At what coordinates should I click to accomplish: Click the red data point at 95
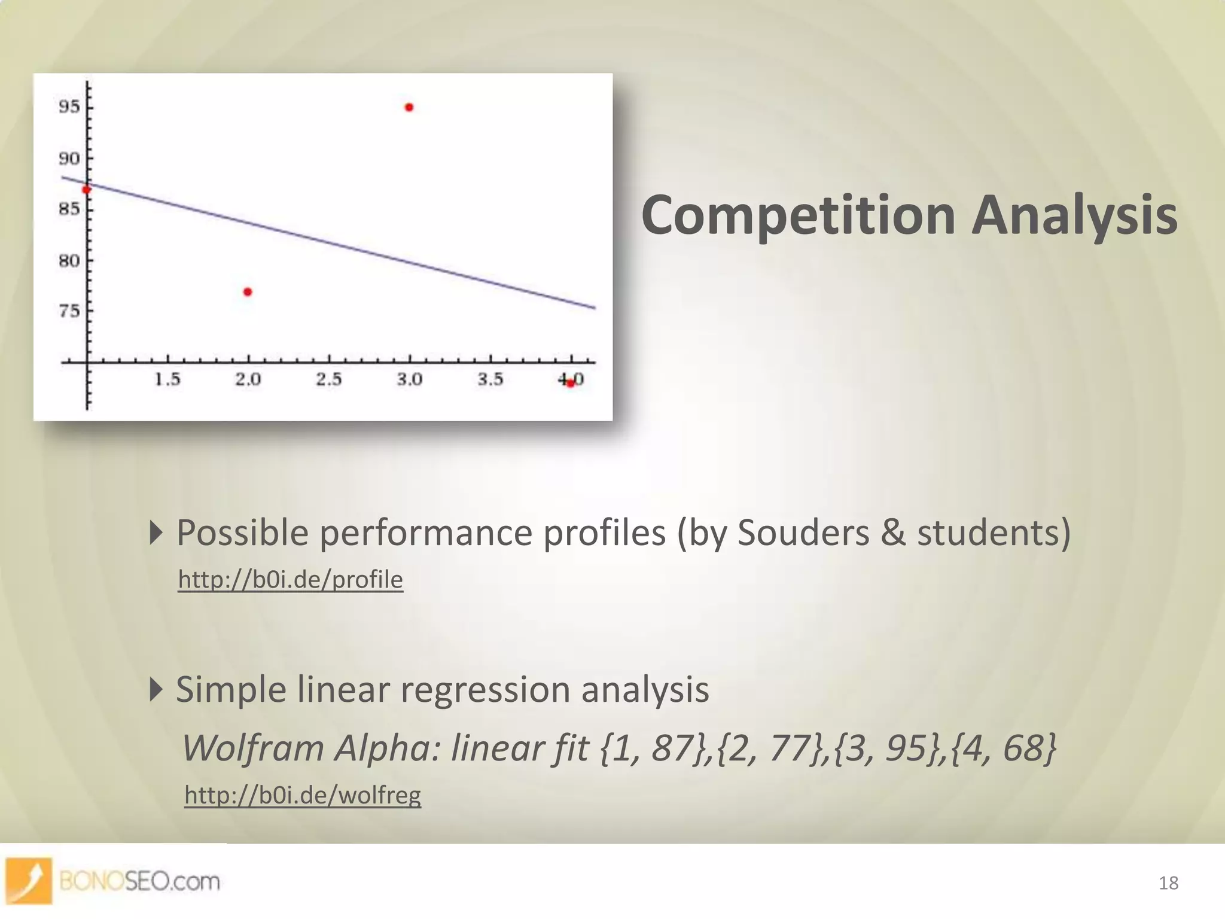[x=409, y=108]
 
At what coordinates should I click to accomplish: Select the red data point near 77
[x=248, y=292]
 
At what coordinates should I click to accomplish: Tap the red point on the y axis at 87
[x=86, y=190]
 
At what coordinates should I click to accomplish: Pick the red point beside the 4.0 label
[x=570, y=383]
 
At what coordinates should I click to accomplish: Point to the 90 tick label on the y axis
[x=69, y=159]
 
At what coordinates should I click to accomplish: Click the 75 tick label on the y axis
[x=69, y=311]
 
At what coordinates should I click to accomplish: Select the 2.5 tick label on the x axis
[x=329, y=379]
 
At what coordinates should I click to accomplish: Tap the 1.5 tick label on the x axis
[x=167, y=379]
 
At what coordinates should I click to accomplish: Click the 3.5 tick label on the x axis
[x=490, y=379]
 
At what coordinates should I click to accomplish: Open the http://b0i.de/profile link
[x=291, y=580]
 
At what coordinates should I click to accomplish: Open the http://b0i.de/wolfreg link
[x=303, y=795]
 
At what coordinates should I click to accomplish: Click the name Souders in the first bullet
[x=803, y=532]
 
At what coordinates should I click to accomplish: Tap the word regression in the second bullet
[x=485, y=689]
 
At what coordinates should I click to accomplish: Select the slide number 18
[x=1168, y=883]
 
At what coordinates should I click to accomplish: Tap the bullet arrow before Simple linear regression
[x=156, y=689]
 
